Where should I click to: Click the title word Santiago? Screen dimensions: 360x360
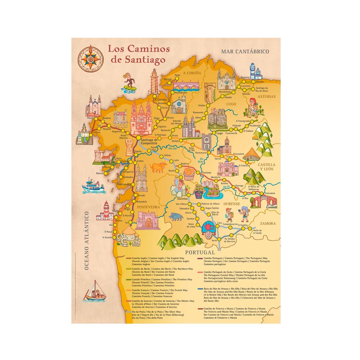pos(138,60)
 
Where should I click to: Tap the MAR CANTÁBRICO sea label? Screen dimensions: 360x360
pos(245,51)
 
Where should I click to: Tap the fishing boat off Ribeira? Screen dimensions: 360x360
pos(93,186)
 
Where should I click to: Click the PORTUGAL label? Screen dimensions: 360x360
pos(199,252)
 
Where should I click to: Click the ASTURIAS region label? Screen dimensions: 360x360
pos(267,96)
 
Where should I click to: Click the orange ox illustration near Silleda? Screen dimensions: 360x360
pos(158,167)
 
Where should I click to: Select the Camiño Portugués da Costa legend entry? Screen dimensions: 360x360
pos(236,276)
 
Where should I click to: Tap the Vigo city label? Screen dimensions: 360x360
pos(127,209)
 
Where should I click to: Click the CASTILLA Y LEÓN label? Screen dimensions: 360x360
pos(266,166)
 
